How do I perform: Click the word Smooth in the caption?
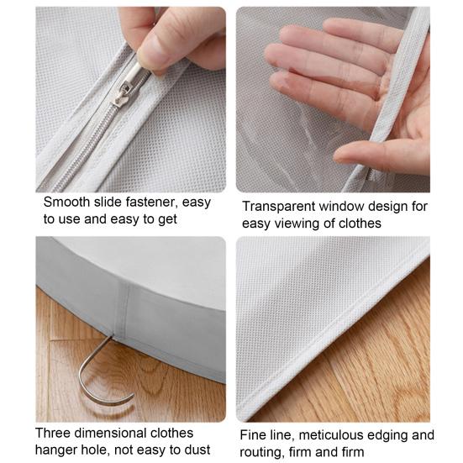click(x=66, y=202)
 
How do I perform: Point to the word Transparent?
click(x=279, y=206)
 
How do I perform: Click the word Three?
click(x=53, y=433)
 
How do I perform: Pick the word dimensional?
click(x=111, y=433)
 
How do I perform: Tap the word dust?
click(x=197, y=450)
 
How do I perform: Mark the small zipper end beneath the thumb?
click(x=371, y=176)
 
